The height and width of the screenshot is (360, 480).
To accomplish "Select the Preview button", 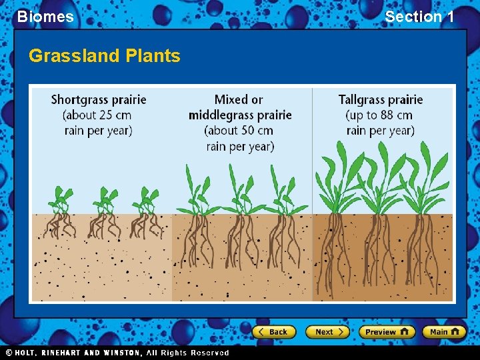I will click(x=387, y=331).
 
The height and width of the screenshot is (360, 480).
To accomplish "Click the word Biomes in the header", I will click(x=45, y=17).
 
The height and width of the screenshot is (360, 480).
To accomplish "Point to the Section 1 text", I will click(x=419, y=17).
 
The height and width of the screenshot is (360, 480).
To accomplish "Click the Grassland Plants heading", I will click(x=105, y=55).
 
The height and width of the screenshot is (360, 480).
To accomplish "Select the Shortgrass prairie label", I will click(x=99, y=100).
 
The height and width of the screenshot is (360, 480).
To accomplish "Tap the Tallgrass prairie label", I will click(x=381, y=100).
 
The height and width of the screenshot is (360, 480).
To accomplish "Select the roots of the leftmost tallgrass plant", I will click(x=333, y=250).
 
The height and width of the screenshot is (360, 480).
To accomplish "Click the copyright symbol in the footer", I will click(x=9, y=353).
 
